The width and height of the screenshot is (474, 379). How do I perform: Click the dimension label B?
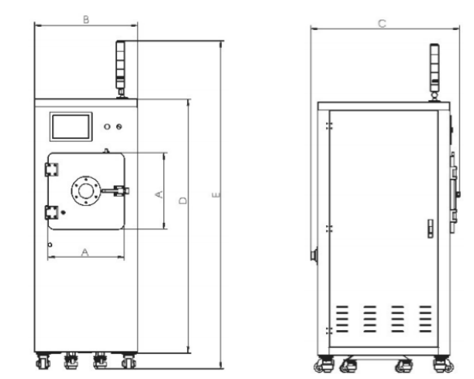pyautogui.click(x=86, y=20)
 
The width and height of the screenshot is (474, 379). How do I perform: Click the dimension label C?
pyautogui.click(x=382, y=24)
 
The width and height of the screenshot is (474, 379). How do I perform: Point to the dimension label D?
pyautogui.click(x=183, y=201)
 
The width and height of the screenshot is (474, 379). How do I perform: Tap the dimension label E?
pyautogui.click(x=216, y=195)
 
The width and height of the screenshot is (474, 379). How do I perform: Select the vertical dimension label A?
pyautogui.click(x=159, y=194)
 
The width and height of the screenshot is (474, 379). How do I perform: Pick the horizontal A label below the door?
pyautogui.click(x=85, y=252)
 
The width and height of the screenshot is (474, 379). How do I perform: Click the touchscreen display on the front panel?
pyautogui.click(x=71, y=127)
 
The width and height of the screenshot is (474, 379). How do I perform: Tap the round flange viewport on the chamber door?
pyautogui.click(x=86, y=191)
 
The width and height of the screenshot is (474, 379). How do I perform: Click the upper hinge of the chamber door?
pyautogui.click(x=51, y=169)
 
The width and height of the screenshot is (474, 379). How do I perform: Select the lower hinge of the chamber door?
pyautogui.click(x=51, y=212)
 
